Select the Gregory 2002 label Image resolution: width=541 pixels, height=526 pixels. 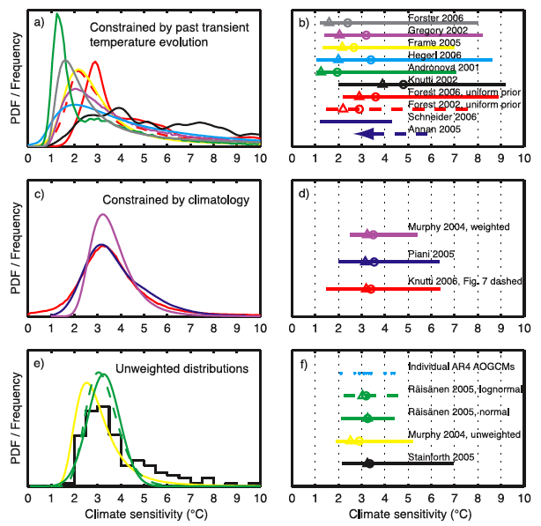coord(438,30)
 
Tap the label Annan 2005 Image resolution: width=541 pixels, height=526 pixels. coord(433,129)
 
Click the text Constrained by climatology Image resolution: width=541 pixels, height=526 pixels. coord(170,200)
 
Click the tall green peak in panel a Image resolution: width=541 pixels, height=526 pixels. coord(58,15)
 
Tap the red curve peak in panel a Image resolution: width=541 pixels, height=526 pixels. coord(94,63)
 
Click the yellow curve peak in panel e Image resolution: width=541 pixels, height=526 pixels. coord(85,382)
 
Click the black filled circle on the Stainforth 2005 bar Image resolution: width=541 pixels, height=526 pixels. coord(369,463)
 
